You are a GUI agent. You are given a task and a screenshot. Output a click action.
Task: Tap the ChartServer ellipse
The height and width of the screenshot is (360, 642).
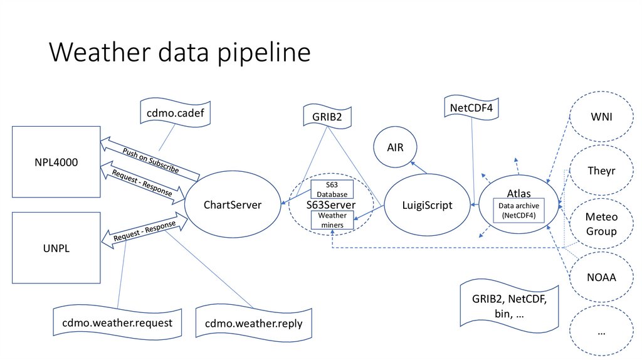(232, 204)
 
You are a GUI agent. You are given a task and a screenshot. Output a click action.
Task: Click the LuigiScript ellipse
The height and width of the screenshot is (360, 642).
(426, 204)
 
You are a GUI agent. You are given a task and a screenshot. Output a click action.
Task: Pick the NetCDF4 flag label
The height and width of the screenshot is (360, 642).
(471, 108)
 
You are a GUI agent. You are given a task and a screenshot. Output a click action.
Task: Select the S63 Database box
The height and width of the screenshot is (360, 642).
(332, 189)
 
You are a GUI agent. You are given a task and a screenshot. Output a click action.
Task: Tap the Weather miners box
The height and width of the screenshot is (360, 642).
(332, 220)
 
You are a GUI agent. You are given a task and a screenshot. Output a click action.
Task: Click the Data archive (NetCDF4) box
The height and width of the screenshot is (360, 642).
(518, 211)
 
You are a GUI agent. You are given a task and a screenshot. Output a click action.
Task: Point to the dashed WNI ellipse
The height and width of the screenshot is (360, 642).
(601, 117)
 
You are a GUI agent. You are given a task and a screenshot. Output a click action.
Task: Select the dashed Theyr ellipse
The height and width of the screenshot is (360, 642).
(601, 171)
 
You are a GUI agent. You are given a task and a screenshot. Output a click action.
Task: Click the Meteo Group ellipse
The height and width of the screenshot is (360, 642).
(601, 224)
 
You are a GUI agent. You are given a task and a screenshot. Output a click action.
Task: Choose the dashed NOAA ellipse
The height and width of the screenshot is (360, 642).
(601, 276)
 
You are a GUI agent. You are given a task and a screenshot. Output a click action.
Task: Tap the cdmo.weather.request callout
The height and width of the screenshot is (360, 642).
(117, 322)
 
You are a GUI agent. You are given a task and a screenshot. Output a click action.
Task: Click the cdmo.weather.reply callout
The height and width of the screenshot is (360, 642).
(253, 323)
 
